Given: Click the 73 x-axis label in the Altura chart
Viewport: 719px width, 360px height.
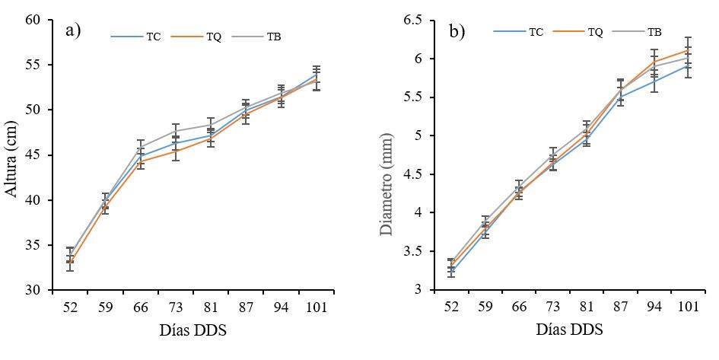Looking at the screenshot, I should pos(175,308).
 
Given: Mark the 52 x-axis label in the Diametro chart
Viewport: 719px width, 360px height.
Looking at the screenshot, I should pos(451,308).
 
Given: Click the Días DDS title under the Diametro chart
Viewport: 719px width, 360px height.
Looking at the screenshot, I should pos(569,330).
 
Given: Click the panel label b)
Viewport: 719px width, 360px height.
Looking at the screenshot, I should pos(457,31).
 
